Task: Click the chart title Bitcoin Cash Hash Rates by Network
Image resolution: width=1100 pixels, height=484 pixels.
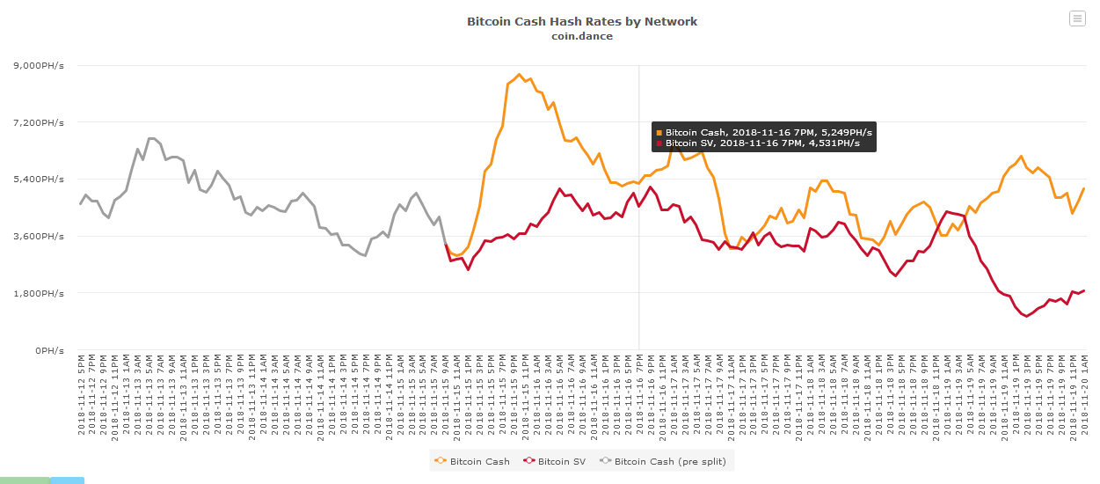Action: click(582, 21)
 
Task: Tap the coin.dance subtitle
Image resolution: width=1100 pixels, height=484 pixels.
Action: click(582, 36)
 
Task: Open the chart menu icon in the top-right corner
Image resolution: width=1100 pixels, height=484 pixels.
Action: click(1077, 18)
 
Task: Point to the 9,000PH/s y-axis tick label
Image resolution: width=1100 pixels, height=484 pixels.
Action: click(39, 65)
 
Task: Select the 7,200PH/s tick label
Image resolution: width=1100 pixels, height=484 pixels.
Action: click(39, 122)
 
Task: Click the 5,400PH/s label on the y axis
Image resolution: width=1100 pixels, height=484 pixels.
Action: click(39, 179)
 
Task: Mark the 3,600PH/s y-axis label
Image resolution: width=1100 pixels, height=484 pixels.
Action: click(39, 236)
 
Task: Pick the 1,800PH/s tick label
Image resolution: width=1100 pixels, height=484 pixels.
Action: click(39, 293)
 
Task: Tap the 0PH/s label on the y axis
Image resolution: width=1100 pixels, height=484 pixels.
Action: click(49, 350)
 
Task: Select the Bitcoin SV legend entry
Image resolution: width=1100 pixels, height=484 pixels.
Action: click(561, 461)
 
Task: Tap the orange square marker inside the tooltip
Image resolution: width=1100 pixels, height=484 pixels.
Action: click(659, 132)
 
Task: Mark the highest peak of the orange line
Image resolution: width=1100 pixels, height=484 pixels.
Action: click(520, 75)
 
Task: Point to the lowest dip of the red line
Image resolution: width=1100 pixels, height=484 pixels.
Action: click(1026, 316)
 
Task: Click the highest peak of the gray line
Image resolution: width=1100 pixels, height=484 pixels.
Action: click(151, 138)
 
